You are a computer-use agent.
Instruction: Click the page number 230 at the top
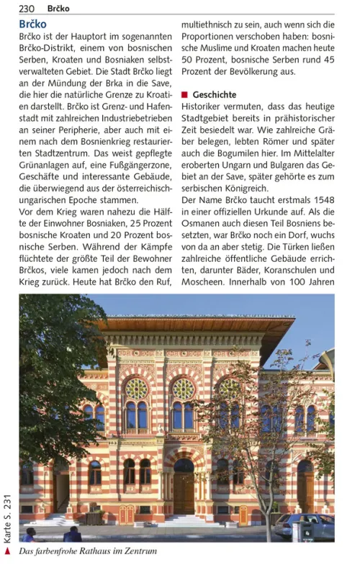[27, 9]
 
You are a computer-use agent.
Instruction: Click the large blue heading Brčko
[33, 24]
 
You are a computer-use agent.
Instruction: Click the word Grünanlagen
[48, 166]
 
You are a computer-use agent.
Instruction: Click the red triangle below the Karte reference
[8, 551]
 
